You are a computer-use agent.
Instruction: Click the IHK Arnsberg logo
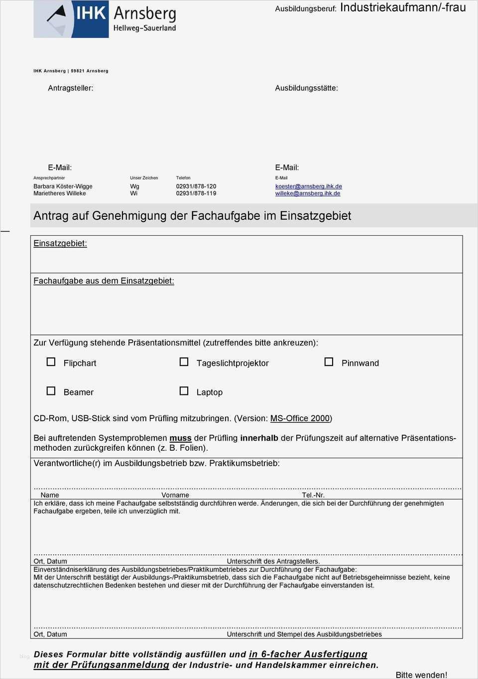tap(105, 19)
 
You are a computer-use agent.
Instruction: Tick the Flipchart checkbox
tap(51, 362)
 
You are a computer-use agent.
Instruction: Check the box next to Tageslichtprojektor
tap(184, 362)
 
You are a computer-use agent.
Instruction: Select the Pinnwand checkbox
tap(329, 362)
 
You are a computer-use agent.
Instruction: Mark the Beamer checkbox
tap(51, 391)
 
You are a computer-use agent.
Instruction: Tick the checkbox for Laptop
tap(184, 391)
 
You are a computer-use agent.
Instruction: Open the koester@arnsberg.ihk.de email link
tap(308, 186)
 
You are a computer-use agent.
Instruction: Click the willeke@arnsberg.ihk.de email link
tap(307, 193)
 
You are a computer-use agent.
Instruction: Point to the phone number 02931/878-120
tap(196, 186)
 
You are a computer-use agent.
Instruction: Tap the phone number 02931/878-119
tap(196, 193)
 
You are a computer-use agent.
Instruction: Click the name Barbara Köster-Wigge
tap(63, 186)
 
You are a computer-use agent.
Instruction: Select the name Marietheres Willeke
tap(59, 193)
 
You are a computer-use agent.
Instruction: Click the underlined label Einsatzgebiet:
tap(60, 243)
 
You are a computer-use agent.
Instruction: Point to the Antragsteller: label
tap(70, 88)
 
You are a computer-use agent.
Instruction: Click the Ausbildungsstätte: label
tap(306, 88)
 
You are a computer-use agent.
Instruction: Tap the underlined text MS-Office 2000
tap(300, 418)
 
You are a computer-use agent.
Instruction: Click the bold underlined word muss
tap(180, 438)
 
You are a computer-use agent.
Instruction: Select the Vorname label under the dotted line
tap(175, 495)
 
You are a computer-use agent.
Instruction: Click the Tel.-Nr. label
tap(313, 495)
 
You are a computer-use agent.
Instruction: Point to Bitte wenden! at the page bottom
tap(421, 675)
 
